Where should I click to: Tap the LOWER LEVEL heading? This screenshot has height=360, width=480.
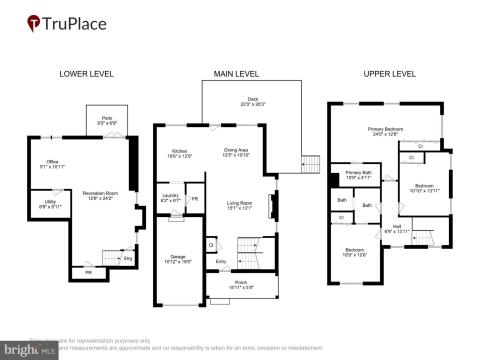87,74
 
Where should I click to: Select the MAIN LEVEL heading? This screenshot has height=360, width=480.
237,74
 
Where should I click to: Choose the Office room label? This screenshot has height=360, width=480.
52,164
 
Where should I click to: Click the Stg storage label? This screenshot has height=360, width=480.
128,259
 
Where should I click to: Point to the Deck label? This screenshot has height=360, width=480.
253,99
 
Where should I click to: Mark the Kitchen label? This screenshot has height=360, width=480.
178,152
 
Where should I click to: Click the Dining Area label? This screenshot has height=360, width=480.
236,152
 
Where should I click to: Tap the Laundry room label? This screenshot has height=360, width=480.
170,197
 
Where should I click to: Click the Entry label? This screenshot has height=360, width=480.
221,262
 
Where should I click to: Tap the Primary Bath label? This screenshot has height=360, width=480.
357,174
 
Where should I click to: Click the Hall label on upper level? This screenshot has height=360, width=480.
397,227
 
